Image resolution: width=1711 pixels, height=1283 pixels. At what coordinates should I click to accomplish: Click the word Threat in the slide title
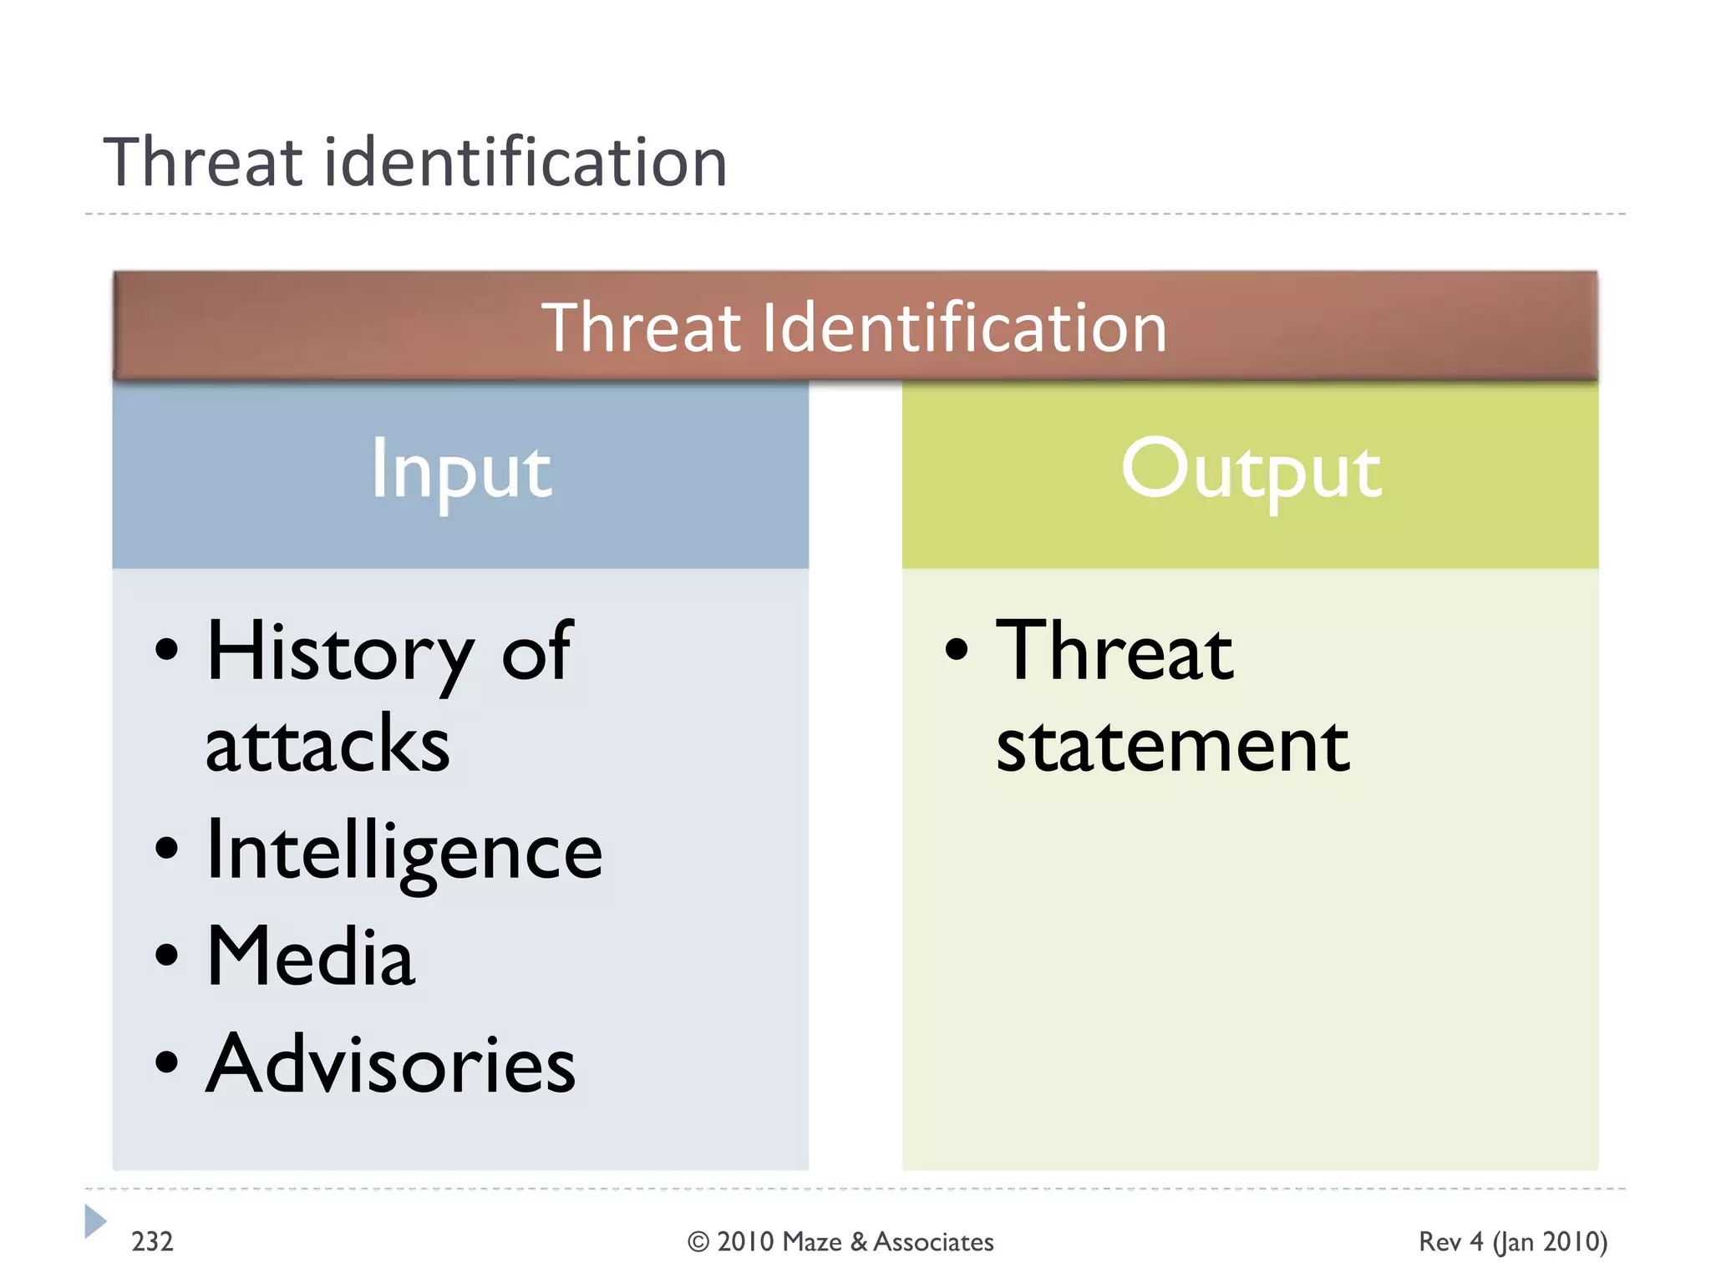click(203, 162)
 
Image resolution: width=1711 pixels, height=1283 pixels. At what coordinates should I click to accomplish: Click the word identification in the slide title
click(525, 162)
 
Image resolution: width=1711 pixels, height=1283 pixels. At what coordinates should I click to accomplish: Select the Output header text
click(1251, 470)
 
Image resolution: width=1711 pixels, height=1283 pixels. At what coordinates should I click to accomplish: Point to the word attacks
click(327, 745)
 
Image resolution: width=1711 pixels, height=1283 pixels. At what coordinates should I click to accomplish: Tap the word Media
click(310, 957)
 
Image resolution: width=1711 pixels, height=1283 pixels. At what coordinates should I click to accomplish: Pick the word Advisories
click(391, 1064)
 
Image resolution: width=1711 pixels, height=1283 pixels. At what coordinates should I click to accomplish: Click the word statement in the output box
click(1173, 746)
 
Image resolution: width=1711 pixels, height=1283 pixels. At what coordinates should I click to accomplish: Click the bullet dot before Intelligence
click(167, 848)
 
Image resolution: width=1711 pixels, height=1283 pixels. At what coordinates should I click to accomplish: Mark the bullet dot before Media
click(167, 954)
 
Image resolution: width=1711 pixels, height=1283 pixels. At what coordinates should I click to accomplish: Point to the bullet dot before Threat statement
click(957, 649)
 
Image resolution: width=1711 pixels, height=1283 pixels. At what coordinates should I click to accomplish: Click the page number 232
click(152, 1242)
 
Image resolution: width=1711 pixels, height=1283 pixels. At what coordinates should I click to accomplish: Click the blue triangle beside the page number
click(94, 1221)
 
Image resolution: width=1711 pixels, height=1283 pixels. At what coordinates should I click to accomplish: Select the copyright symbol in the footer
click(698, 1243)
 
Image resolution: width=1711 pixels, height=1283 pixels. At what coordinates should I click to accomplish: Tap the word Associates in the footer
click(933, 1242)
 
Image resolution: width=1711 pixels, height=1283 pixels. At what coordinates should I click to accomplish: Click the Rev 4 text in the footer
click(1450, 1242)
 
